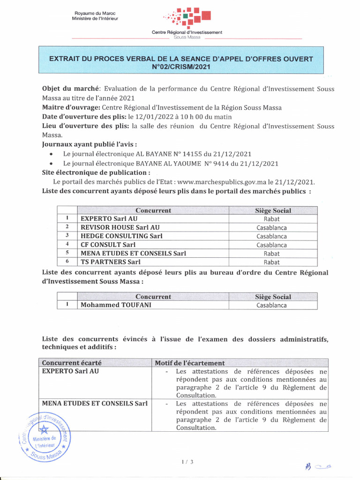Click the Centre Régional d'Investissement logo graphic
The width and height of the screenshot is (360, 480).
pyautogui.click(x=187, y=18)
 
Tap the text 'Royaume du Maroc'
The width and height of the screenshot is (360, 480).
pyautogui.click(x=95, y=13)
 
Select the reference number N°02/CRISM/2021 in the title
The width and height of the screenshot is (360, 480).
pyautogui.click(x=181, y=67)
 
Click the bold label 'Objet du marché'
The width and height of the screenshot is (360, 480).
pyautogui.click(x=70, y=89)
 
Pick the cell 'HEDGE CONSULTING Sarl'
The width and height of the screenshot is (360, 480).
pyautogui.click(x=121, y=236)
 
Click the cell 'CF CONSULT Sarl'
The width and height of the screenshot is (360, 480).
pyautogui.click(x=108, y=245)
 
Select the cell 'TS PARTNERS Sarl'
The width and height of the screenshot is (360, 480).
pyautogui.click(x=111, y=262)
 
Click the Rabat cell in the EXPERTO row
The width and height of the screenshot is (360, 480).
pyautogui.click(x=271, y=219)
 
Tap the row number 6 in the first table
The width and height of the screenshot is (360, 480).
pyautogui.click(x=67, y=262)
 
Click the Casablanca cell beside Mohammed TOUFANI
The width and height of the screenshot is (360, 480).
pyautogui.click(x=271, y=305)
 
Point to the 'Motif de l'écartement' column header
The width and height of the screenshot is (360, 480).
pyautogui.click(x=190, y=363)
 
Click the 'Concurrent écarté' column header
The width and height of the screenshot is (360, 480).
pyautogui.click(x=72, y=363)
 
